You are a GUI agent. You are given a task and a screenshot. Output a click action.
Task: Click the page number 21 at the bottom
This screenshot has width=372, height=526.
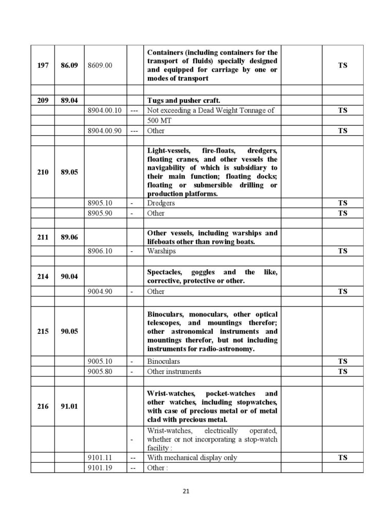pyautogui.click(x=185, y=491)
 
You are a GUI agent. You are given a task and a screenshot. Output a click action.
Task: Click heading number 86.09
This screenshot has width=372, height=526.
pyautogui.click(x=69, y=66)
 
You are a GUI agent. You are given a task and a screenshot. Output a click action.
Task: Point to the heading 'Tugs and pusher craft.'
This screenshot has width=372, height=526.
pyautogui.click(x=183, y=101)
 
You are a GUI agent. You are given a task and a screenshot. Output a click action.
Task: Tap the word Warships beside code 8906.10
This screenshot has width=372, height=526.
pyautogui.click(x=161, y=251)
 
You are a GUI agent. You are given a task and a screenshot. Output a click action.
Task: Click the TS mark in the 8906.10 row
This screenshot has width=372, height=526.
pyautogui.click(x=343, y=251)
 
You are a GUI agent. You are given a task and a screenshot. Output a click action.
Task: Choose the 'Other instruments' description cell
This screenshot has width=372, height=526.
pyautogui.click(x=174, y=371)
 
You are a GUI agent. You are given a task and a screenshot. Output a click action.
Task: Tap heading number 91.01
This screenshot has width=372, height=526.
pyautogui.click(x=69, y=406)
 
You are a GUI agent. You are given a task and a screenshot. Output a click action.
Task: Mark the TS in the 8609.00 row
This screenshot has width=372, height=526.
pyautogui.click(x=343, y=66)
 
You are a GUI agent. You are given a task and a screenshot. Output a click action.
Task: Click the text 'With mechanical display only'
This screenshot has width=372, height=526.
pyautogui.click(x=192, y=458)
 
